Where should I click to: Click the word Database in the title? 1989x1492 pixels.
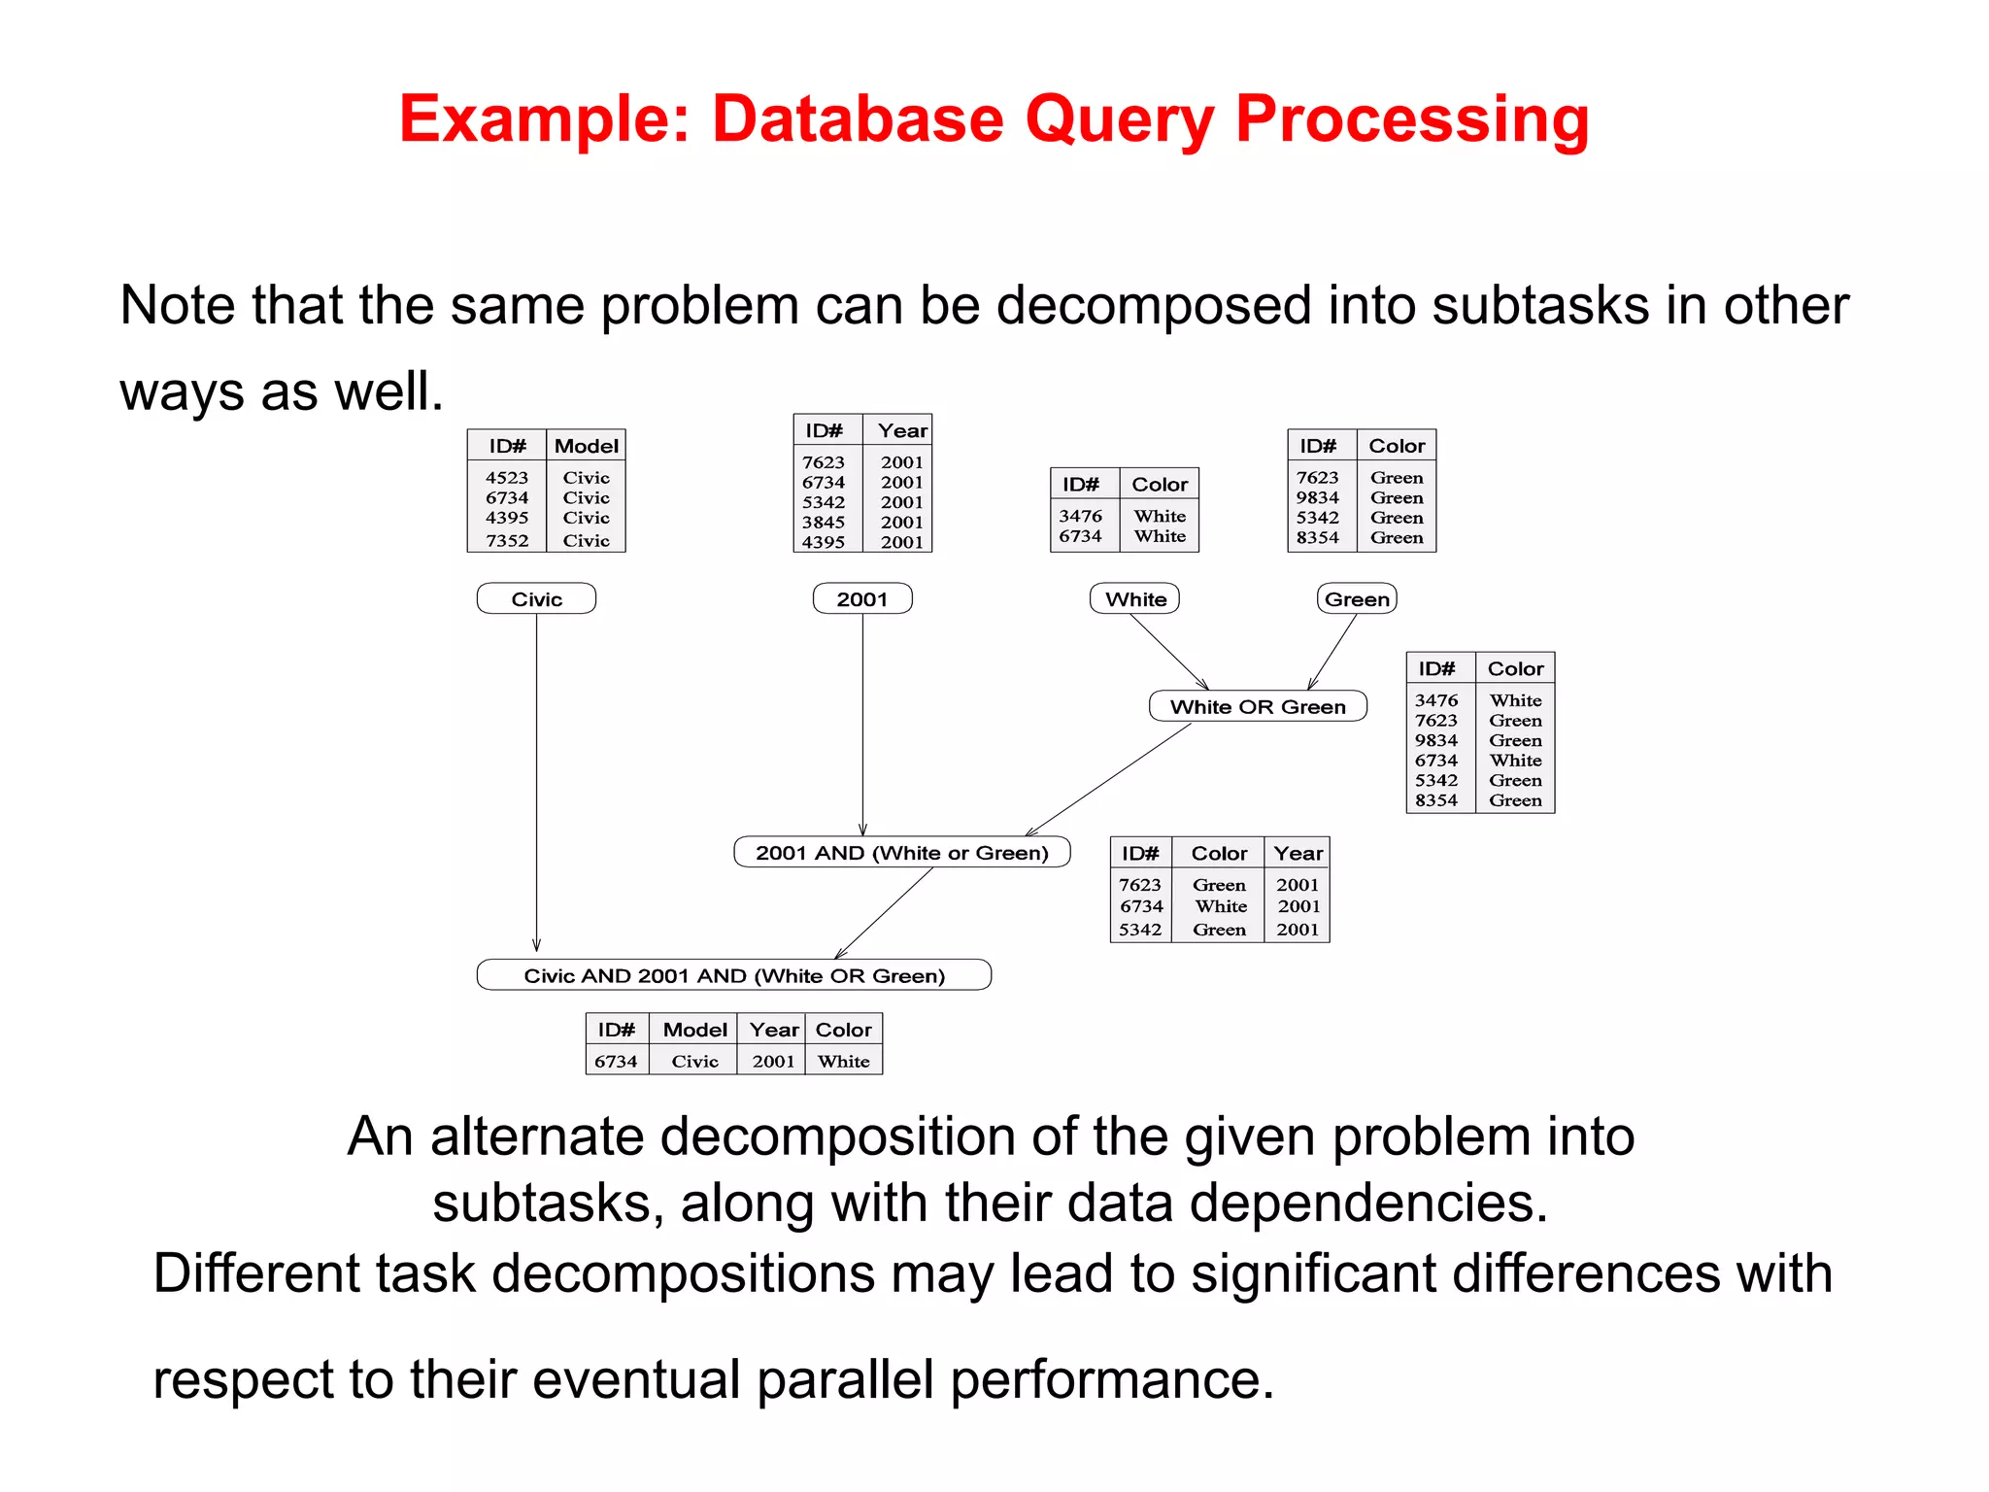pos(858,119)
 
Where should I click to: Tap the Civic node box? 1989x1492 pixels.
pos(536,599)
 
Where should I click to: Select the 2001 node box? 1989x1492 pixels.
pos(862,599)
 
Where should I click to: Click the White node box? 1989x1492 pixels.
pos(1134,599)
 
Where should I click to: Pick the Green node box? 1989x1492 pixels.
pos(1357,599)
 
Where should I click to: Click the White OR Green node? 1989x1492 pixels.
pos(1258,706)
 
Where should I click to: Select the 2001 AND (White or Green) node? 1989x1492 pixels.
pos(901,853)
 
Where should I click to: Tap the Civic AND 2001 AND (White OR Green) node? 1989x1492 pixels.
pos(733,975)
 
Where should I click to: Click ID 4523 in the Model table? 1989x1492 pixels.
pos(507,478)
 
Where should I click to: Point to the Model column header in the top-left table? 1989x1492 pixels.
pos(586,446)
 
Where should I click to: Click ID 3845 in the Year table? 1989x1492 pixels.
pos(824,523)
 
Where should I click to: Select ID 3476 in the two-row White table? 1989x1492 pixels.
pos(1080,516)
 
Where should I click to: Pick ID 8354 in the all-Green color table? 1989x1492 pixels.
pos(1318,538)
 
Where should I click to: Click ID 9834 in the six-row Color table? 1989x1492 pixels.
pos(1436,740)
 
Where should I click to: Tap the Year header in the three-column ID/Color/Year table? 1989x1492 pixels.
pos(1298,853)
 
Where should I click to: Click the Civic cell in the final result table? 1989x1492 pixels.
pos(695,1062)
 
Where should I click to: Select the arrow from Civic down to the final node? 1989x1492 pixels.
pos(536,777)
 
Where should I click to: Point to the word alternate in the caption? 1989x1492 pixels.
pos(537,1136)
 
